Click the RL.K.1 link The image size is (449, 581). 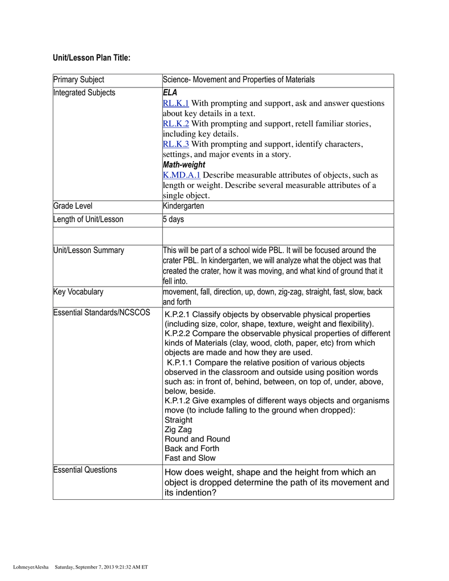coord(176,103)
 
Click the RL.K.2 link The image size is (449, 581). coord(176,124)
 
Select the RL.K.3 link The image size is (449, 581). coord(176,144)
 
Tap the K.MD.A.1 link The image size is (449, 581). coord(182,175)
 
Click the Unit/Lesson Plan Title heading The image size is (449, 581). coord(92,58)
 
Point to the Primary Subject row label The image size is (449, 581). coord(79,80)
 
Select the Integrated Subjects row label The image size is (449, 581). coord(84,92)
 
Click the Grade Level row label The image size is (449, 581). coord(73,207)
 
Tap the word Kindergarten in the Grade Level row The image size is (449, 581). coord(183,207)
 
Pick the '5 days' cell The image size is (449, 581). coord(173,220)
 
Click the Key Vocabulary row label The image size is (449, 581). coord(78,292)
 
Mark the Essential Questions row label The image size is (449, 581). coord(85,470)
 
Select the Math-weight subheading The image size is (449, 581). coord(184,165)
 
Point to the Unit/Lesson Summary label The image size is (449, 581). coord(89,250)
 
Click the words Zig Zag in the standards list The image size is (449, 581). coord(178,430)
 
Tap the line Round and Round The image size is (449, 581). coord(198,439)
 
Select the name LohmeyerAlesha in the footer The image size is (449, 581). coord(31,566)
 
